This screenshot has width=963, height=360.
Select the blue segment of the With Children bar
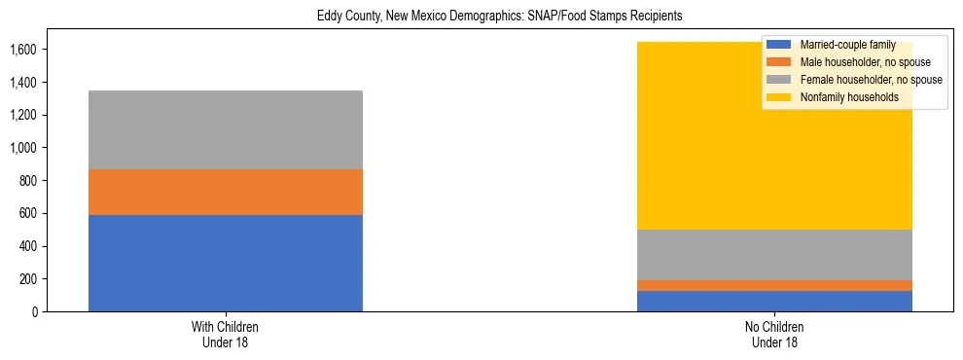[226, 263]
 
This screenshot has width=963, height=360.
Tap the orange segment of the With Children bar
[226, 192]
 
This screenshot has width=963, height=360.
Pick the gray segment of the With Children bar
[226, 129]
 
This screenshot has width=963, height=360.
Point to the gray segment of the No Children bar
[774, 255]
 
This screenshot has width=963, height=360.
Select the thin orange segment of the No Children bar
[774, 285]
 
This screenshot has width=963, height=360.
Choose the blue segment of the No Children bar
[774, 301]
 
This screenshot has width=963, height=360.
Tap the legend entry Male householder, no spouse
[865, 62]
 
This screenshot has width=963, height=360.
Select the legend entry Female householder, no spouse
[871, 80]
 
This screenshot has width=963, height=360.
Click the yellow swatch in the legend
[780, 97]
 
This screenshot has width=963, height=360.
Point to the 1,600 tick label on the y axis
[23, 50]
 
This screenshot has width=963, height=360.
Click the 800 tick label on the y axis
[28, 181]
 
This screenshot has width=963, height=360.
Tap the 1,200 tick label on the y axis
[23, 115]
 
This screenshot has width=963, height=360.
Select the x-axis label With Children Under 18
[226, 335]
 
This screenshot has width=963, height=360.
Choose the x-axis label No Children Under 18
[774, 335]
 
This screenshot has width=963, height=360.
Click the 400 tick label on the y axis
[28, 246]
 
